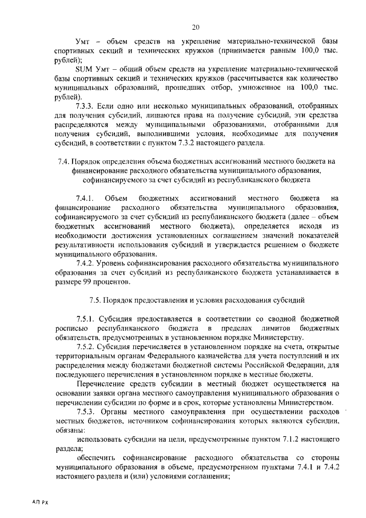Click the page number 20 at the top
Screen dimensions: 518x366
click(x=196, y=27)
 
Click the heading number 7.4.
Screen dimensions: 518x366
click(x=65, y=161)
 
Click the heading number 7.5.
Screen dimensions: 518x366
click(x=97, y=299)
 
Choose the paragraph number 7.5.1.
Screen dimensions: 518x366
click(x=87, y=318)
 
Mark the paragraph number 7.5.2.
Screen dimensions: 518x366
click(x=87, y=346)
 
